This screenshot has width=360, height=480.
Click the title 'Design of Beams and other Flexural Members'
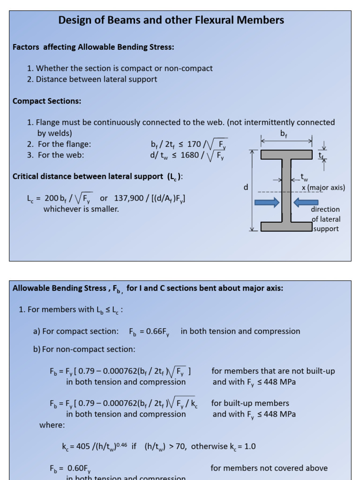pos(171,20)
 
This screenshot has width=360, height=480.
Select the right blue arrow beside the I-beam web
pos(305,202)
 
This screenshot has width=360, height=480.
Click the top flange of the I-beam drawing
pos(286,155)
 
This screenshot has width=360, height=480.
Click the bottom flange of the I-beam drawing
pos(286,226)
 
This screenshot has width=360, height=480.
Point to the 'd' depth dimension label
pos(245,187)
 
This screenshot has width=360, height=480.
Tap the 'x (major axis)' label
pos(323,187)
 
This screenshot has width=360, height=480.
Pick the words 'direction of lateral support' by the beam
pos(326,219)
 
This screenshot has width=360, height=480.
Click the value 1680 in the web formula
pos(189,155)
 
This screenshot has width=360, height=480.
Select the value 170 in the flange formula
pos(194,144)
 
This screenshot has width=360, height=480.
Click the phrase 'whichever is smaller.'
pos(81,209)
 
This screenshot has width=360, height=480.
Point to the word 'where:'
pos(52,425)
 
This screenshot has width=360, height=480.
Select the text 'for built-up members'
pos(250,403)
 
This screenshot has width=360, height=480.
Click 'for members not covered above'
pos(269,468)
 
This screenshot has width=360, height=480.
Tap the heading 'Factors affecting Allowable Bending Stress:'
pos(93,47)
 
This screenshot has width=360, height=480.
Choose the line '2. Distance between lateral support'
pos(92,79)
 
